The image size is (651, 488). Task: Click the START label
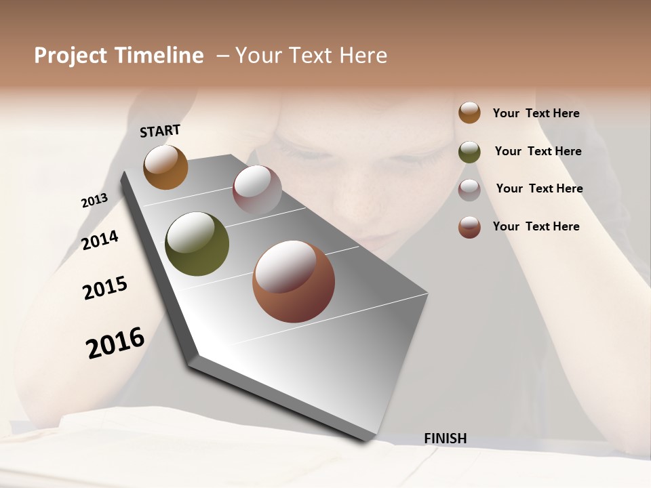click(x=160, y=131)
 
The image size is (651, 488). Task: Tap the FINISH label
click(x=445, y=439)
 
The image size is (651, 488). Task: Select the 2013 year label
click(x=94, y=201)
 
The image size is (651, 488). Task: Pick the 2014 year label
click(x=100, y=240)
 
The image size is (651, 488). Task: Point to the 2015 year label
click(x=105, y=288)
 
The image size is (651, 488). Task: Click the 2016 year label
click(x=115, y=342)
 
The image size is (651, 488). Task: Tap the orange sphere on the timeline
click(x=165, y=167)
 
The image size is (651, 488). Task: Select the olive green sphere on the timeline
click(x=197, y=244)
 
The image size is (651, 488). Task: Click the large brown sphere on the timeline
click(x=294, y=281)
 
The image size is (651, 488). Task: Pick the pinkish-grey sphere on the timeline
click(x=257, y=189)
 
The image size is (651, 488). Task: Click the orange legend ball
click(x=469, y=113)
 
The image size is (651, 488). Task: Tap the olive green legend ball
click(x=469, y=152)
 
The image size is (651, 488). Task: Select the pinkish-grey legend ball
click(x=469, y=190)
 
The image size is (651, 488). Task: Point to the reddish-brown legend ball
click(x=469, y=227)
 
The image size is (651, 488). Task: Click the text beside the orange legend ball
click(x=536, y=113)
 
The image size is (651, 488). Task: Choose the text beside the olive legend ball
click(x=538, y=151)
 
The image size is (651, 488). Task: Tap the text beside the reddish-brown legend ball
click(x=536, y=226)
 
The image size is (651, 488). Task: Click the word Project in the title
click(x=71, y=56)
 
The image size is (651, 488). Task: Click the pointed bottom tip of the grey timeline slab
click(x=366, y=439)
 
